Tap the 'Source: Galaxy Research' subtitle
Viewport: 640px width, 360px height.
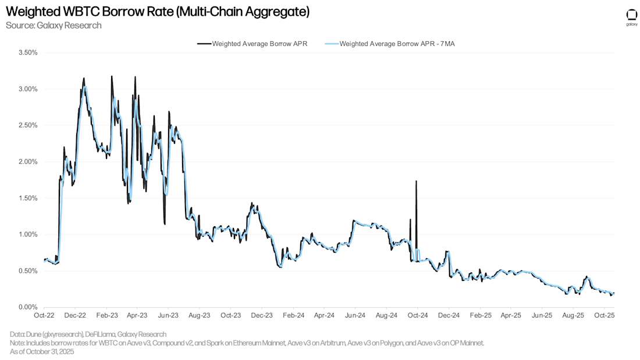pos(54,25)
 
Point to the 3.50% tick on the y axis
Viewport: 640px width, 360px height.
pos(28,52)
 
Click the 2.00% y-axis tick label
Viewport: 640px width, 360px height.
pos(28,162)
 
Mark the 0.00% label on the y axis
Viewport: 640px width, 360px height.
pos(28,307)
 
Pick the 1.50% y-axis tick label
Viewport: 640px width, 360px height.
pos(28,198)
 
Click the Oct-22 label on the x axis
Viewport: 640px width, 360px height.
pos(44,315)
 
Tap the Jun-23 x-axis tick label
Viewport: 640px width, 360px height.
pos(168,315)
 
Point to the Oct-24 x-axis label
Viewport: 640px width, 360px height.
pos(417,315)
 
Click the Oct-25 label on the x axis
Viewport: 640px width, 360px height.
pos(604,315)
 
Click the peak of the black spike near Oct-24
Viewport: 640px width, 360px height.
pos(416,181)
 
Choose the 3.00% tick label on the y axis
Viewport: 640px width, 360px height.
pos(28,89)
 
